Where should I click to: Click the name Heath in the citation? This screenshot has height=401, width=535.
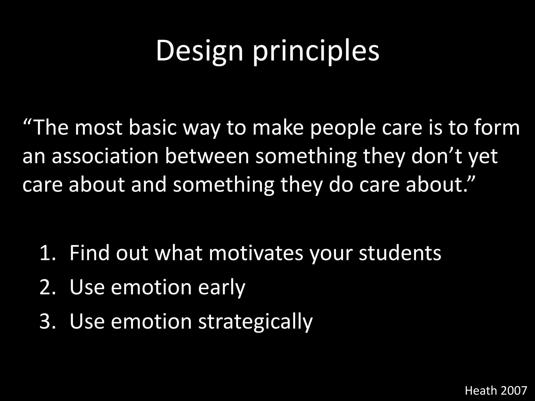tap(481, 391)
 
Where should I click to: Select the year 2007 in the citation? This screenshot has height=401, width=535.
tap(514, 391)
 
